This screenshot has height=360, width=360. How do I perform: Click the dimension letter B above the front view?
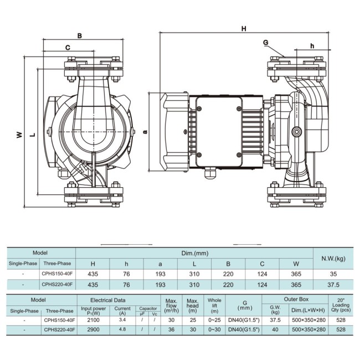click(80, 36)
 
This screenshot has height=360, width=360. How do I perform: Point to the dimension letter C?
click(67, 48)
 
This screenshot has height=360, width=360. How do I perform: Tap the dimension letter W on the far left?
click(19, 135)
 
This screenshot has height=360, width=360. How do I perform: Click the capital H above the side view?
click(243, 28)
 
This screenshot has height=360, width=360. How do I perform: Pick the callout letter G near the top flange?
click(265, 43)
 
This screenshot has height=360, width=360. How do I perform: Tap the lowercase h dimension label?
click(312, 45)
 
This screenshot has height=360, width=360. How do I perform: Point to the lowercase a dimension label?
click(145, 131)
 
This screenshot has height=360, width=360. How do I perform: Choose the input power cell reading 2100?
click(93, 320)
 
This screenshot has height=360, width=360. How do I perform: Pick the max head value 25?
click(192, 320)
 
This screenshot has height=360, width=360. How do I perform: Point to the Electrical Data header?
click(117, 300)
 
